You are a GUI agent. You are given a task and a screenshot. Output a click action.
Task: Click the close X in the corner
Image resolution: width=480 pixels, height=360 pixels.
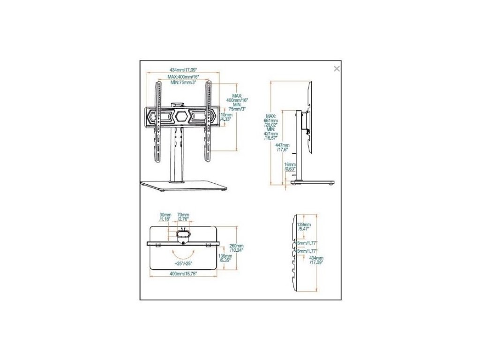pyautogui.click(x=336, y=69)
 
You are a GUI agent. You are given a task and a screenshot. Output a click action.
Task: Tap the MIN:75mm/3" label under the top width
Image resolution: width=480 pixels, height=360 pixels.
pyautogui.click(x=183, y=82)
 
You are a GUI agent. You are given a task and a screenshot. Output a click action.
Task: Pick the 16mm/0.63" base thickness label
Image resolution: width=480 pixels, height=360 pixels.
pyautogui.click(x=291, y=167)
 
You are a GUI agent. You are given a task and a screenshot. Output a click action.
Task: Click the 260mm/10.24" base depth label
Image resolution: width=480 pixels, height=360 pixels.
pyautogui.click(x=237, y=248)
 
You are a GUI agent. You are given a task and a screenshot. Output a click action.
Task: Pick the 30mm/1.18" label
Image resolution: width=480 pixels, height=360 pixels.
pyautogui.click(x=165, y=216)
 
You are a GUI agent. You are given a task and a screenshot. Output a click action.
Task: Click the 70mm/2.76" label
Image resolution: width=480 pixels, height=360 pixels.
pyautogui.click(x=182, y=216)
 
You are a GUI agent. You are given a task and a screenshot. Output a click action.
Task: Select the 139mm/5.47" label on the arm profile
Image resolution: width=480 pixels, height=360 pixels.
pyautogui.click(x=304, y=226)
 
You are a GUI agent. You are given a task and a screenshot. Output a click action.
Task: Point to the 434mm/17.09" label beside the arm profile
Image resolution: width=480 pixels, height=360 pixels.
pyautogui.click(x=317, y=260)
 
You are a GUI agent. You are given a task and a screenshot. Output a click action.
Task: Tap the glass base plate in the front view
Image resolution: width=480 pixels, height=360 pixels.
pyautogui.click(x=183, y=186)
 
